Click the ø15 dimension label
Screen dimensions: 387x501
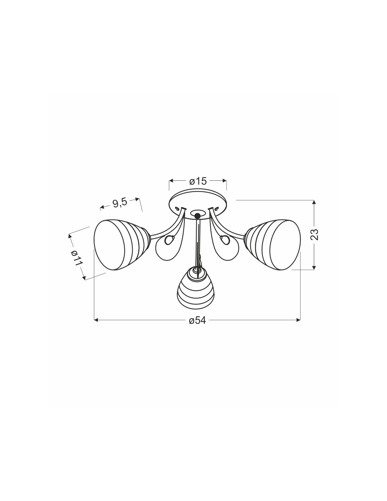coord(198,181)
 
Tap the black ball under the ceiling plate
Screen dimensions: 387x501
coord(197,216)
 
